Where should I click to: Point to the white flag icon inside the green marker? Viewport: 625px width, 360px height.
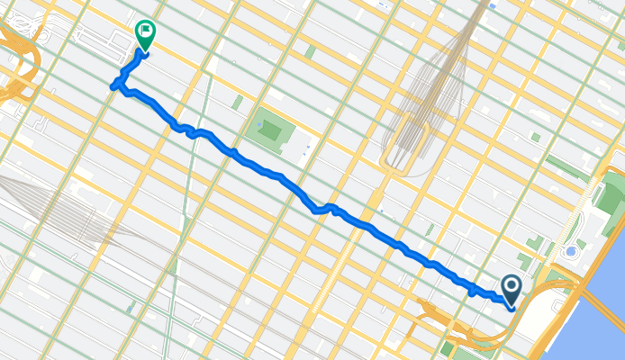(x=144, y=30)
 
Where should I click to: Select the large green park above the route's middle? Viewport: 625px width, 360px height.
(x=270, y=131)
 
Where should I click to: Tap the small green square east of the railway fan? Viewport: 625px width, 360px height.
(x=535, y=138)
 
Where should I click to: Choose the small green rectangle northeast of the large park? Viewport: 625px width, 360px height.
(x=310, y=52)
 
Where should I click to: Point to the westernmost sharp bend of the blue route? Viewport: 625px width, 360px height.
(x=113, y=86)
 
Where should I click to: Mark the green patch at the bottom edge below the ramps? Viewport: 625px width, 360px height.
(x=448, y=349)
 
